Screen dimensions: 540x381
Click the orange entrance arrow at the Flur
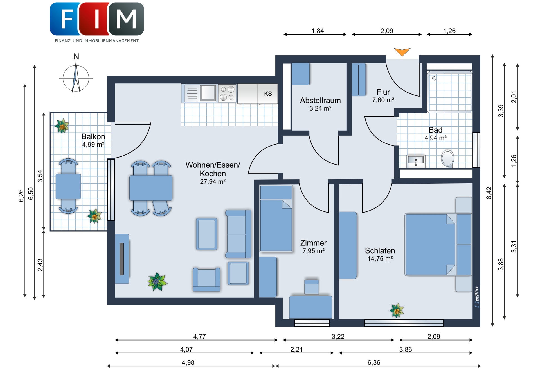[402, 51]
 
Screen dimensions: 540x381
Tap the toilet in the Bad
[447, 159]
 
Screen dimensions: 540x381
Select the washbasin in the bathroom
[416, 161]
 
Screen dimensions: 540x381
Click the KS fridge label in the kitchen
[268, 94]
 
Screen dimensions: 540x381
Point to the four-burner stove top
[227, 93]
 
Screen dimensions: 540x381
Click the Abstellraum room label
[320, 100]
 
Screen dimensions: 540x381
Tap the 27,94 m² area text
[213, 182]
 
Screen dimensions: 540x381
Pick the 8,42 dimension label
[489, 193]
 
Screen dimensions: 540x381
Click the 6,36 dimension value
[374, 362]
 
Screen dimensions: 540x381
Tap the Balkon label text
[93, 136]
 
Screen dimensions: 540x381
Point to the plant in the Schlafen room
[397, 310]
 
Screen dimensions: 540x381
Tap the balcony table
[68, 186]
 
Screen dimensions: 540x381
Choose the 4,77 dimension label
[199, 336]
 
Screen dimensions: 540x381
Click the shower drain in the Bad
[434, 78]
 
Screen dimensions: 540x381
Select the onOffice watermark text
[477, 297]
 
